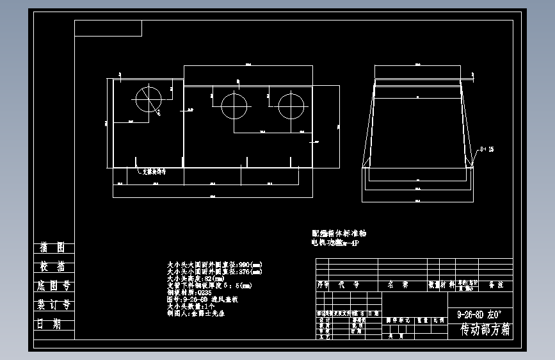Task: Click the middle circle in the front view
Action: click(x=234, y=105)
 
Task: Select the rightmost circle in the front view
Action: click(x=291, y=105)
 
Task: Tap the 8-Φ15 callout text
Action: click(x=486, y=149)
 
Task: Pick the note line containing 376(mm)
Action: click(x=214, y=272)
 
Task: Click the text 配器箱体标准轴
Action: click(x=339, y=234)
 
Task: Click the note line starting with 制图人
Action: click(x=195, y=314)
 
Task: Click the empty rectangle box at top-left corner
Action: click(x=108, y=28)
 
